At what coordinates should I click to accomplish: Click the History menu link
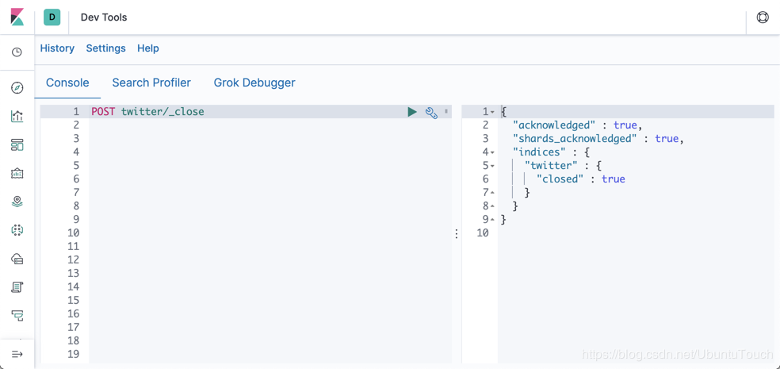coord(57,48)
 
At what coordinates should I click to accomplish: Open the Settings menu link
coord(105,48)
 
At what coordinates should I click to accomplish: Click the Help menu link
coord(147,48)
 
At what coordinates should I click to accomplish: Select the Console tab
coord(67,83)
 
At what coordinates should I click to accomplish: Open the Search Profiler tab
coord(151,83)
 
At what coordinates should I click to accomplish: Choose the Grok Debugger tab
coord(254,83)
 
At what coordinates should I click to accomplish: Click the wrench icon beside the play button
coord(431,113)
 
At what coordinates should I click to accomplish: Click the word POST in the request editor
coord(103,112)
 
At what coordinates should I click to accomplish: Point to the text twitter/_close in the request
coord(162,112)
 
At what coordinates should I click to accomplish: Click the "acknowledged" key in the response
coord(553,125)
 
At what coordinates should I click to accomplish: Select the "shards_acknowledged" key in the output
coord(575,139)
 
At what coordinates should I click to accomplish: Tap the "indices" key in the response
coord(539,152)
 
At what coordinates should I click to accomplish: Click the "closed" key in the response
coord(560,179)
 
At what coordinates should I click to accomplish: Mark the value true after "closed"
coord(613,179)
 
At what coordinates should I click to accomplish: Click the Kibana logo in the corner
coord(17,17)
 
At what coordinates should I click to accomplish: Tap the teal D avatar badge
coord(52,17)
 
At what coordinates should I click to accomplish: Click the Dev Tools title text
coord(104,17)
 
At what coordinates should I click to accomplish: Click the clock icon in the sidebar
coord(17,52)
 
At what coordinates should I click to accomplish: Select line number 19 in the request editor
coord(73,354)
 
